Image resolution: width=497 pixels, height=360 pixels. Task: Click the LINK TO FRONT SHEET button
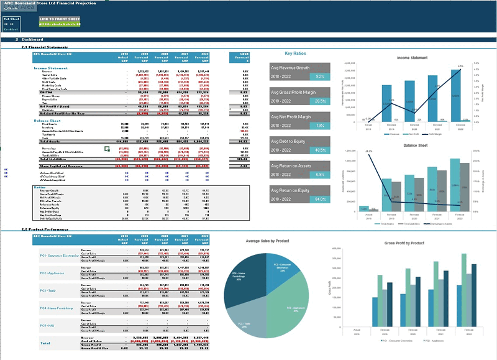[60, 19]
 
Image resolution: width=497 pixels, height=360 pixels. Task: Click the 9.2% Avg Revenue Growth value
[319, 76]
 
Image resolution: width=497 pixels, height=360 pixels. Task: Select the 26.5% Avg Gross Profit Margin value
[319, 101]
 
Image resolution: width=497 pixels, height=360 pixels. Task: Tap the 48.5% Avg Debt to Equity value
[319, 150]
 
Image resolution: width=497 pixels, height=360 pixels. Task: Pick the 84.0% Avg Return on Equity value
[319, 199]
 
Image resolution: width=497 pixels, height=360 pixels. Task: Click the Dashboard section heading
[32, 40]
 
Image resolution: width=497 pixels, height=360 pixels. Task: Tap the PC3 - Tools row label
[48, 290]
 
